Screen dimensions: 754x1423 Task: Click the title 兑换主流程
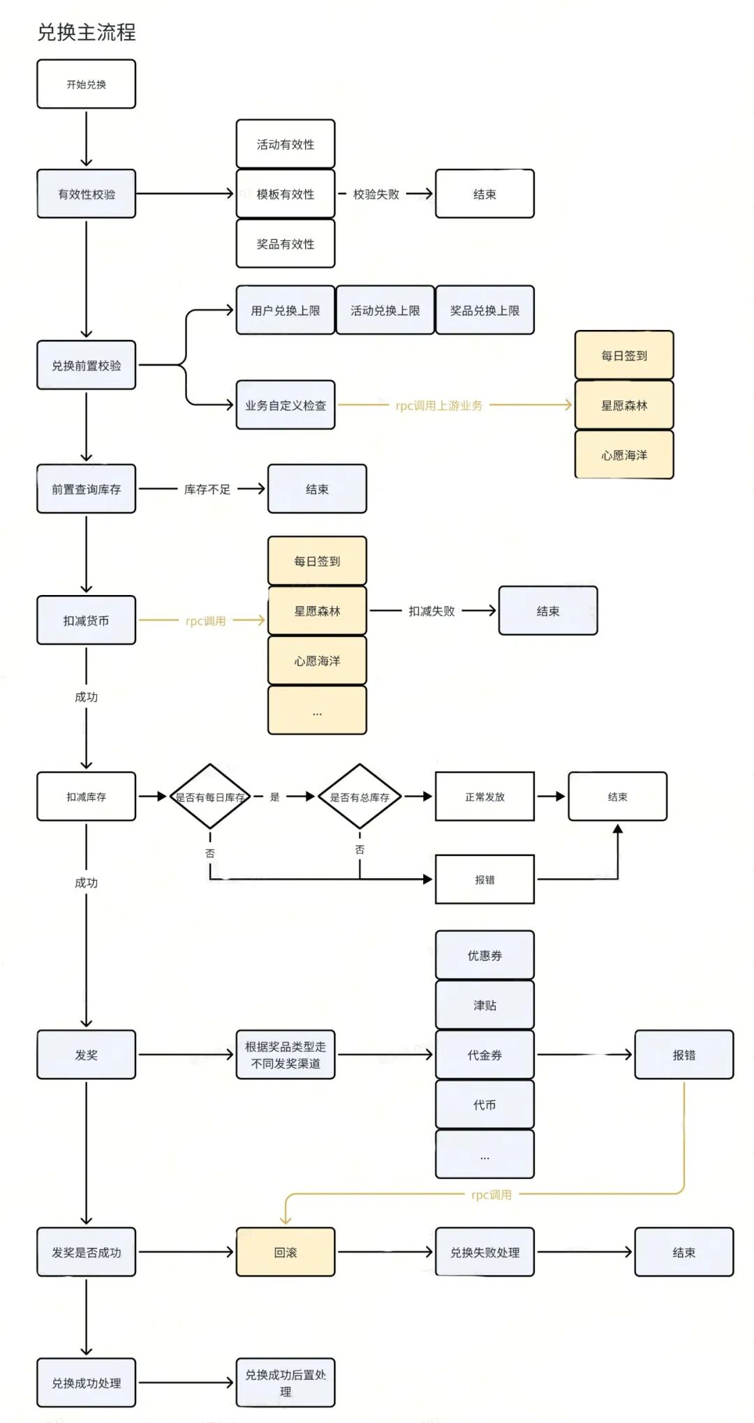coord(87,32)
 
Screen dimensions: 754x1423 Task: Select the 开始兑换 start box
coord(87,84)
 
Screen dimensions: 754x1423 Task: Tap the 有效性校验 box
coord(87,194)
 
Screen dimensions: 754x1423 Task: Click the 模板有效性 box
coord(286,194)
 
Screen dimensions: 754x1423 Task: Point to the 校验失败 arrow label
coord(376,194)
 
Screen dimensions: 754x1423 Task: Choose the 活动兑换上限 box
coord(385,310)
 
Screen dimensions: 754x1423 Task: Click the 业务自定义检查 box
coord(286,405)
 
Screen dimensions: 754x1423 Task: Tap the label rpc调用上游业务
coord(439,405)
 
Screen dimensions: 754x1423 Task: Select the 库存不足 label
coord(207,490)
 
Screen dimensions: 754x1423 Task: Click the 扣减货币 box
coord(87,620)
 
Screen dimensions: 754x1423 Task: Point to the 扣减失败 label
coord(431,611)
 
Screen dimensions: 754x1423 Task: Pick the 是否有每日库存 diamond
coord(210,797)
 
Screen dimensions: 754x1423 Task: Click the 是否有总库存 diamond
coord(360,797)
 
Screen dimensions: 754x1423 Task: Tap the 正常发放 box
coord(485,797)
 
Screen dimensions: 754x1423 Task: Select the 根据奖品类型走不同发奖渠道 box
coord(286,1055)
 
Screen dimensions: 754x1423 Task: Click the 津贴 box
coord(485,1005)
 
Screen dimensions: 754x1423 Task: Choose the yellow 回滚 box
coord(286,1252)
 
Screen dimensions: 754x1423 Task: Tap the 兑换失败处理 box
coord(485,1252)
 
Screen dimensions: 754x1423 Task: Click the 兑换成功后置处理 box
coord(286,1383)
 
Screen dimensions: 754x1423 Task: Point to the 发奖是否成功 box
coord(87,1252)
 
